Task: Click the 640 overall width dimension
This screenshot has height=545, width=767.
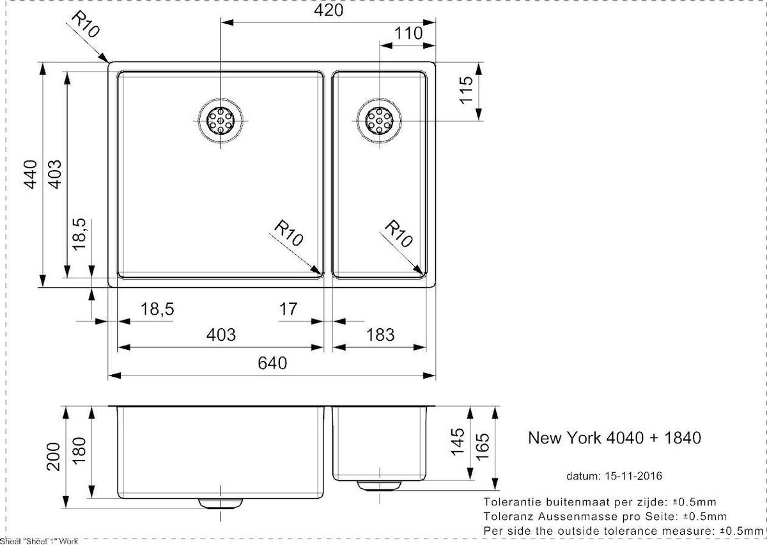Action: click(x=272, y=363)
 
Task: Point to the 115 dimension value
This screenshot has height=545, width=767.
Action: click(x=468, y=90)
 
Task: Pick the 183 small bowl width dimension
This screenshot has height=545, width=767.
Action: click(x=381, y=334)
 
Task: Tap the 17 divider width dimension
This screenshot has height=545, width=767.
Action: click(x=289, y=309)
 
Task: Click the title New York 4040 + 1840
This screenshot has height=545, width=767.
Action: click(x=614, y=438)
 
